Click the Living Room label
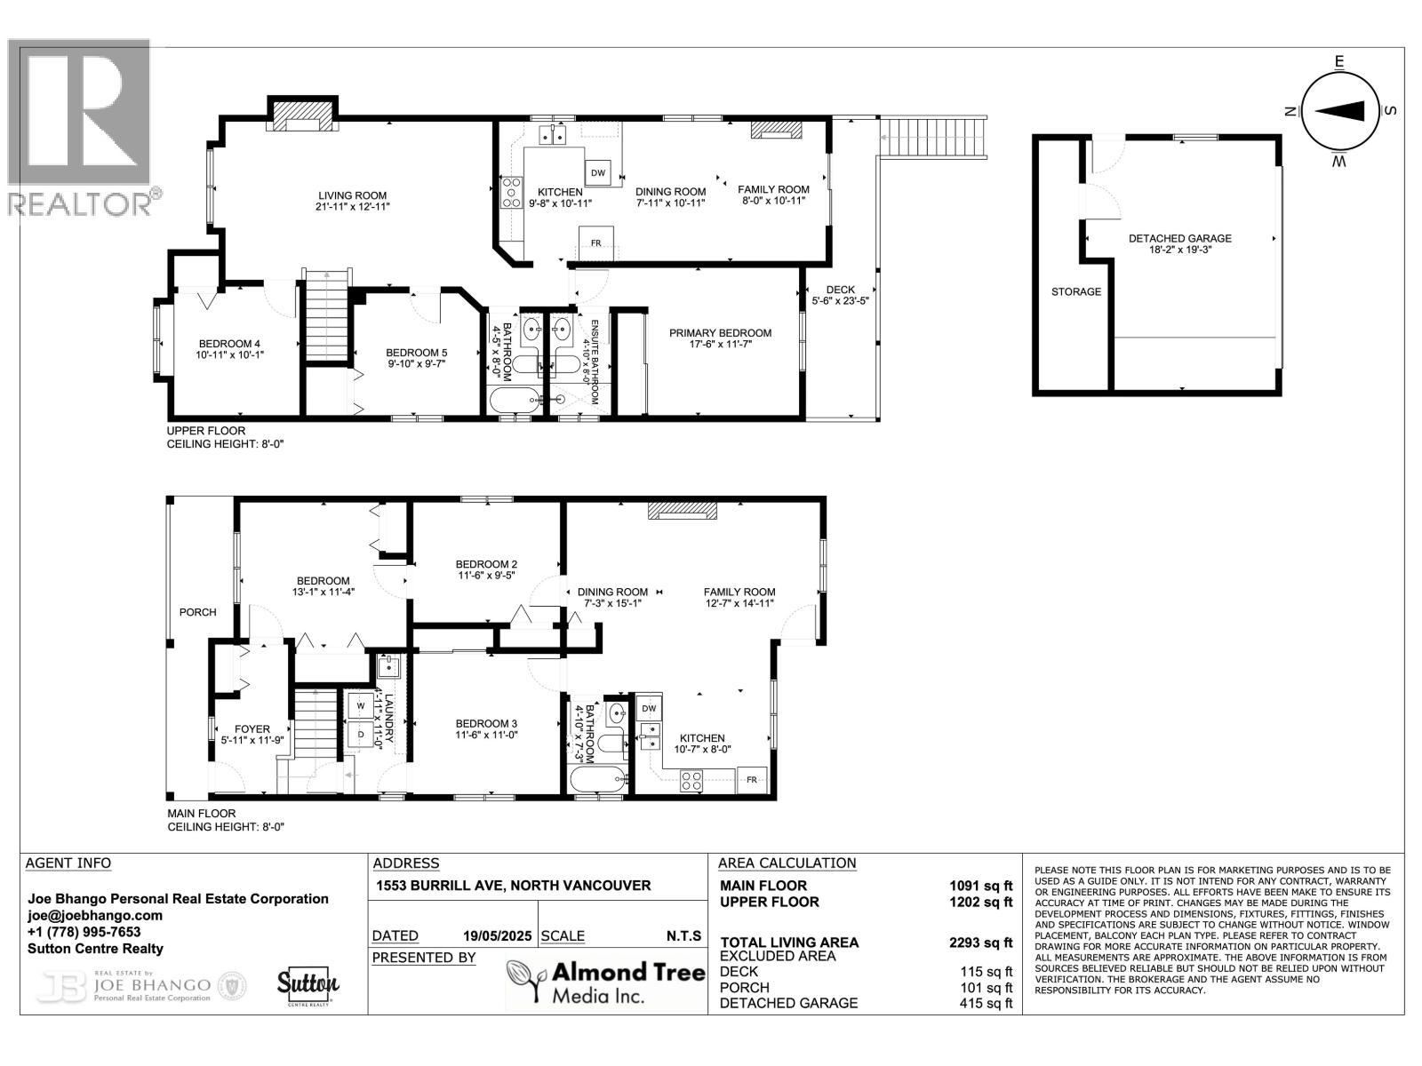coord(353,195)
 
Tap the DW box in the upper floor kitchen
coord(598,173)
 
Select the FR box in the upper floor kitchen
coord(595,243)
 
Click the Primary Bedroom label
coord(720,333)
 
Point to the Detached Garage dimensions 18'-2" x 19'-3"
coord(1180,251)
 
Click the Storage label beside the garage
coord(1075,291)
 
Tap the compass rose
coord(1339,111)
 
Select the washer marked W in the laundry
coord(361,706)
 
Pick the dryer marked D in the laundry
coord(361,735)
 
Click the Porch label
coord(197,612)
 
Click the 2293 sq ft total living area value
coord(980,943)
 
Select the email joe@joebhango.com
coord(95,915)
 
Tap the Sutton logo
coord(308,984)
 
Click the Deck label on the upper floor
coord(840,290)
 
